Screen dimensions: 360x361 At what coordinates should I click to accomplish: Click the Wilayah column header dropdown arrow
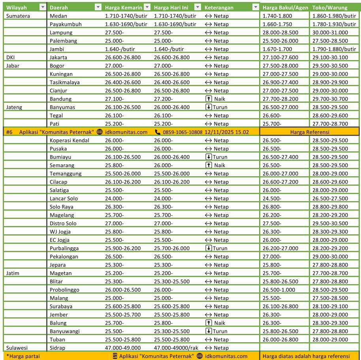tap(43, 8)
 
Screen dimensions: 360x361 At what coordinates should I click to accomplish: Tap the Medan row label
tap(58, 16)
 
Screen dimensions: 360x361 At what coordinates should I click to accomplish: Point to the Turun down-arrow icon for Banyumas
tap(209, 107)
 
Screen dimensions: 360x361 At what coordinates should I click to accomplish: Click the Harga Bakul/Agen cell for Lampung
tap(280, 32)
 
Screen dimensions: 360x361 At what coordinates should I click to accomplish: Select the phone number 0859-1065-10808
tap(182, 132)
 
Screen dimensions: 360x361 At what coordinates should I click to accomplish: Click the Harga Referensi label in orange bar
tap(310, 132)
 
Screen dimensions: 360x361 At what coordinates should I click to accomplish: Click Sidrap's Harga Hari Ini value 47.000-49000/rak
tap(176, 348)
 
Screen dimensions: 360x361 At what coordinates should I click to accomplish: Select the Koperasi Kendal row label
tap(70, 140)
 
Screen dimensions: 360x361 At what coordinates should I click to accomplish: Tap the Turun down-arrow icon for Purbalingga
tap(209, 248)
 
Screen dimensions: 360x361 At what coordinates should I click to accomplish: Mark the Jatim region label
tap(13, 273)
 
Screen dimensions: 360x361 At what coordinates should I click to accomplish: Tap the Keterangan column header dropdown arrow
tap(256, 8)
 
